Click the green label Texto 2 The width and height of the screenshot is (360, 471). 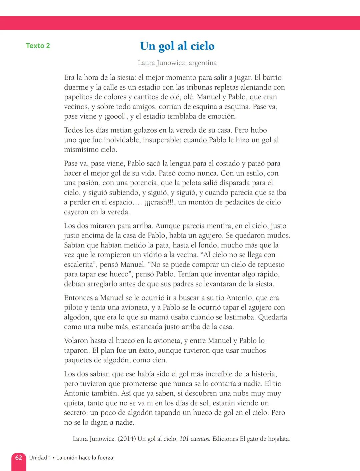click(x=38, y=46)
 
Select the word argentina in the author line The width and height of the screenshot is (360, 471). click(x=202, y=63)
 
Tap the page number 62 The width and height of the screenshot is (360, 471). click(x=19, y=458)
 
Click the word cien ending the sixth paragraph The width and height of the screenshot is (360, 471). click(x=160, y=360)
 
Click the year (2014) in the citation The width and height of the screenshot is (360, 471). click(x=126, y=439)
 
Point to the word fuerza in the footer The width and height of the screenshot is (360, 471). click(x=105, y=458)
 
